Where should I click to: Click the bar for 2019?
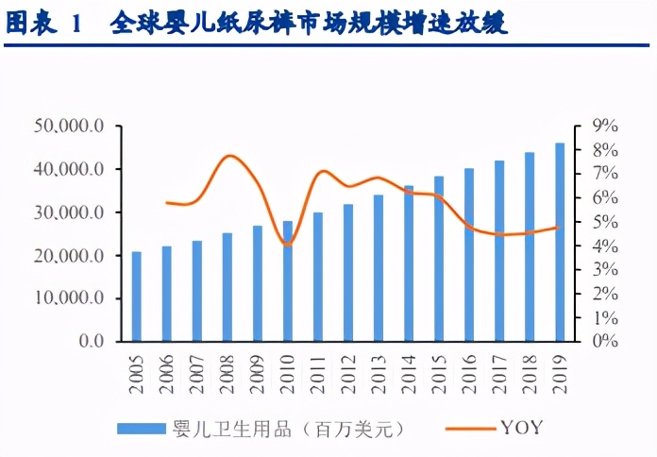click(x=560, y=242)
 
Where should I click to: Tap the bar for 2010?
click(x=288, y=280)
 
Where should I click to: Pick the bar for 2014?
click(x=409, y=263)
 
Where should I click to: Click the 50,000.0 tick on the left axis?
click(x=73, y=126)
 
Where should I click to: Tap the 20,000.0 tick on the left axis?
click(x=73, y=256)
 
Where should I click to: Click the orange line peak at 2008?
click(x=229, y=156)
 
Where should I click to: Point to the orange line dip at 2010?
click(x=288, y=245)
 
